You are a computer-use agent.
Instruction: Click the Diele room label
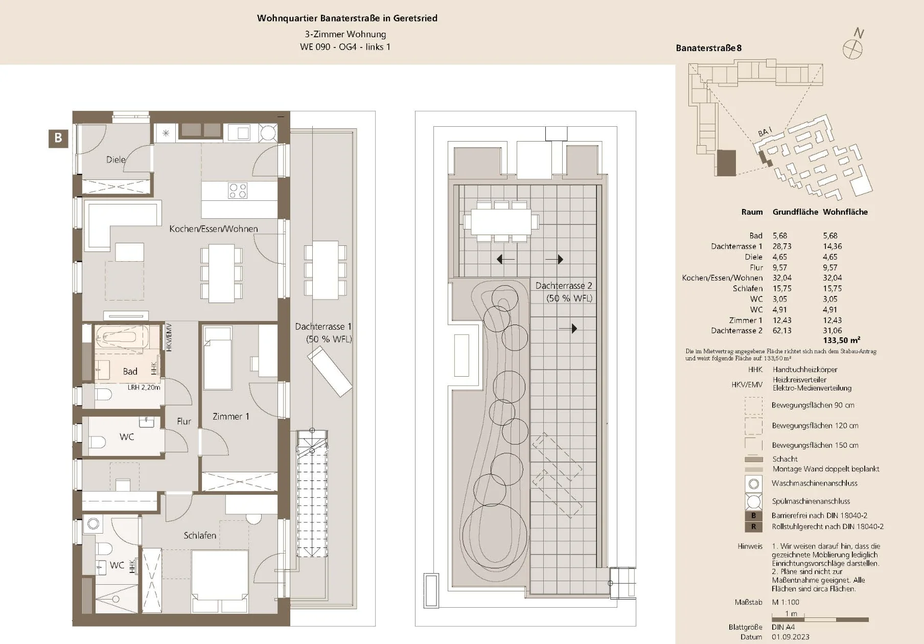tap(115, 159)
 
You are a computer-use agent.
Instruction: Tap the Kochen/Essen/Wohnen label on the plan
tap(214, 229)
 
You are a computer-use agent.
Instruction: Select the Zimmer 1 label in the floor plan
tap(231, 417)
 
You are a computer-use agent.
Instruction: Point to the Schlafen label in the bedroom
tap(200, 536)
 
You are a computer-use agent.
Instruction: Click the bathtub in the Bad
tap(122, 337)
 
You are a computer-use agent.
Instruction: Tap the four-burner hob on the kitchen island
tap(238, 191)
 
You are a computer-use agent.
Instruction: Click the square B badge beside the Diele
tap(58, 138)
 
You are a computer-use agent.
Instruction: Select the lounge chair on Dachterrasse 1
tap(330, 371)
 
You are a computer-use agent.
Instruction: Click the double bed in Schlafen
tap(220, 581)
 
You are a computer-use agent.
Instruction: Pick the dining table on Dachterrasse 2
tap(501, 221)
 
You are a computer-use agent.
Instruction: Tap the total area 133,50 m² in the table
tap(841, 340)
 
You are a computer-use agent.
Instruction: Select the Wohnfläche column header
tap(845, 212)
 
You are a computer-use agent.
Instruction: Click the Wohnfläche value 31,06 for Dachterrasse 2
tap(832, 331)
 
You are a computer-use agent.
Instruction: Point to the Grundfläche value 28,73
tap(782, 246)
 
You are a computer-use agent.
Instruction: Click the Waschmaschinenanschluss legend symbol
tap(753, 484)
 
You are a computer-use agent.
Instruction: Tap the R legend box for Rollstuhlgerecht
tap(753, 526)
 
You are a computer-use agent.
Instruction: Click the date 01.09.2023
tap(791, 637)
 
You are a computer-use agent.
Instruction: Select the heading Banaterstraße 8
tap(708, 48)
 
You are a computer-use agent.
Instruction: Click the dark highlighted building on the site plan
tap(726, 163)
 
